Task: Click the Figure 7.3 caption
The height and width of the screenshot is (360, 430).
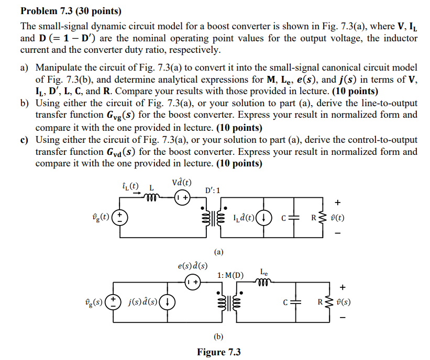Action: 218,352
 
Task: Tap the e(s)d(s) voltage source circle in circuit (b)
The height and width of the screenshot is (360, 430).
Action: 192,282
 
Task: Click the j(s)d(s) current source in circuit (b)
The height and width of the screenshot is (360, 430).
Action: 167,302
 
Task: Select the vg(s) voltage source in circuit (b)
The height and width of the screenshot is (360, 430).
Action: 112,302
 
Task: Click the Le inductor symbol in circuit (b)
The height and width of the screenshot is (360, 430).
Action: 265,283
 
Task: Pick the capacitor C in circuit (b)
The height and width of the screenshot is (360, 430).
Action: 297,302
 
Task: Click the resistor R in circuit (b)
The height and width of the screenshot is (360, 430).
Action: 329,302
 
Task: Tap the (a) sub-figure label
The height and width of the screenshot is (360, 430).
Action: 218,251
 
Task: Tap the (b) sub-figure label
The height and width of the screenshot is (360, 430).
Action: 218,336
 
